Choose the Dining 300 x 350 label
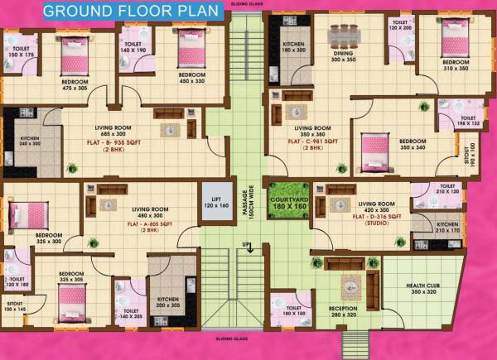343,56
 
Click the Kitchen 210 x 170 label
447,228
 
